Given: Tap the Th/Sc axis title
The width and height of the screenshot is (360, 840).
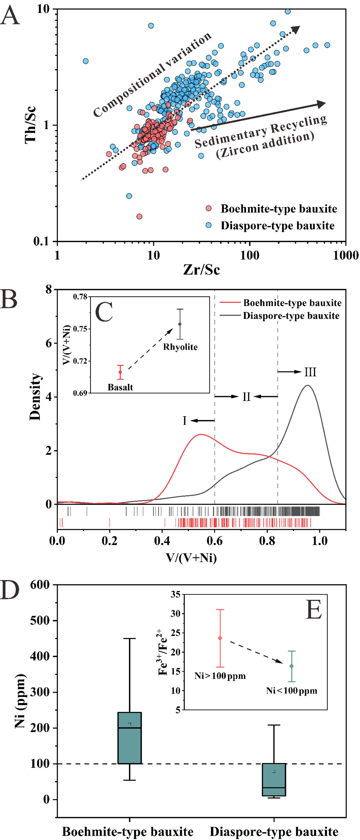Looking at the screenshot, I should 31,125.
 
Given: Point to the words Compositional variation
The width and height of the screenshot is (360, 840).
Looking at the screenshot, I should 152,75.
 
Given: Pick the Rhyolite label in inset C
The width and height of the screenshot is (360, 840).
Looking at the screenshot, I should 180,347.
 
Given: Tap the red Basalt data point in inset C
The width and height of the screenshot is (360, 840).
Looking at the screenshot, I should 120,372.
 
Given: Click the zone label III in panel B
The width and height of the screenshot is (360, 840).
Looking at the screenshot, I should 310,372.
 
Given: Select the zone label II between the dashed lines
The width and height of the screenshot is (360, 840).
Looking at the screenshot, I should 246,397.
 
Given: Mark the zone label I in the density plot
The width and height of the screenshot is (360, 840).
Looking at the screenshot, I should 184,421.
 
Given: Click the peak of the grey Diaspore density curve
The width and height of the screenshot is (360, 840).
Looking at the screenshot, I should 308,386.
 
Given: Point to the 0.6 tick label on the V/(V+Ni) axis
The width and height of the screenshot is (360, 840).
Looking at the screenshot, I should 215,541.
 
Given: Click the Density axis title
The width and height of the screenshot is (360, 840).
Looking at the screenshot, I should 35,397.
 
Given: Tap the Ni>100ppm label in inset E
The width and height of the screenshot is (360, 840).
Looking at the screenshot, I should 220,676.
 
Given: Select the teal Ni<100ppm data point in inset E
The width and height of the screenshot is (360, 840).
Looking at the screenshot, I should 292,666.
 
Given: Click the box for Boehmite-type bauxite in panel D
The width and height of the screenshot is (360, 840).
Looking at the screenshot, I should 129,737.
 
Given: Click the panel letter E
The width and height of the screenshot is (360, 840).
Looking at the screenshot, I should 314,609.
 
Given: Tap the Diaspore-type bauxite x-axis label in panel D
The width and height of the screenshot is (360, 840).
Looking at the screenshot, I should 274,831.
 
